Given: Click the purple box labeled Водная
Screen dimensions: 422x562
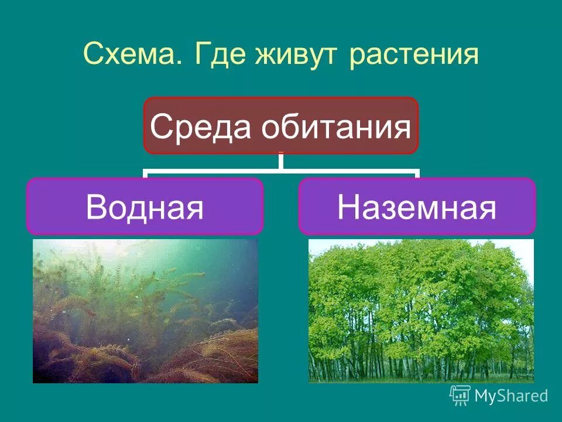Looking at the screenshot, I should pos(145,206).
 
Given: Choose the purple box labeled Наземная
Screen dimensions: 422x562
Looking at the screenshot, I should pos(417,206).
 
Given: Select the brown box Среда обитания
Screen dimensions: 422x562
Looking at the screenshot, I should pos(281,125).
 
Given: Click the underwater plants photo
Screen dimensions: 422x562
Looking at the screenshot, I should pos(145,311).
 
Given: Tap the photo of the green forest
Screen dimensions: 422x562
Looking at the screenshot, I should pos(421,311).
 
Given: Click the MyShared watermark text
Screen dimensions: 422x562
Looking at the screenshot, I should pos(511,396).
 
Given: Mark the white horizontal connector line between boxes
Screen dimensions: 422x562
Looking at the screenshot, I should pos(281,173).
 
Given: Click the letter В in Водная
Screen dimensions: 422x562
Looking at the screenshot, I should pos(96,206).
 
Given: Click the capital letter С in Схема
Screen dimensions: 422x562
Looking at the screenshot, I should pos(92,55).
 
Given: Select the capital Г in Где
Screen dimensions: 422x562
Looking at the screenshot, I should pos(201,55).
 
